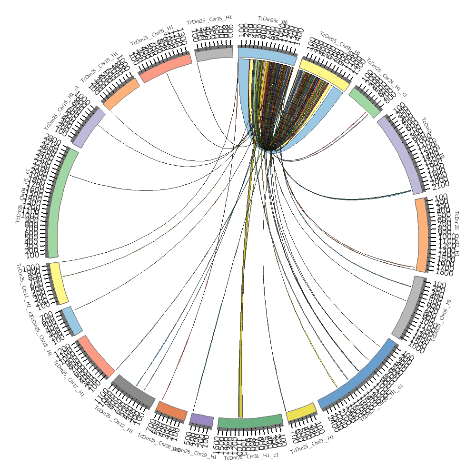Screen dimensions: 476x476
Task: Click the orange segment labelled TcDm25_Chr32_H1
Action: point(422,235)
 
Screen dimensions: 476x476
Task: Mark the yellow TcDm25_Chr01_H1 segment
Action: point(301,412)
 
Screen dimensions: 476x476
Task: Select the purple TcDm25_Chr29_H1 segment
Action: point(201,420)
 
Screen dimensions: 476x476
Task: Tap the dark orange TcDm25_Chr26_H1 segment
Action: point(172,411)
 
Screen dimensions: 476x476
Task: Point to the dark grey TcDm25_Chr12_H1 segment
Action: point(133,390)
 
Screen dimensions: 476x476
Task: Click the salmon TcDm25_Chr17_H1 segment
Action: point(96,356)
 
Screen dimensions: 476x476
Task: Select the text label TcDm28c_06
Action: point(273,20)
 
